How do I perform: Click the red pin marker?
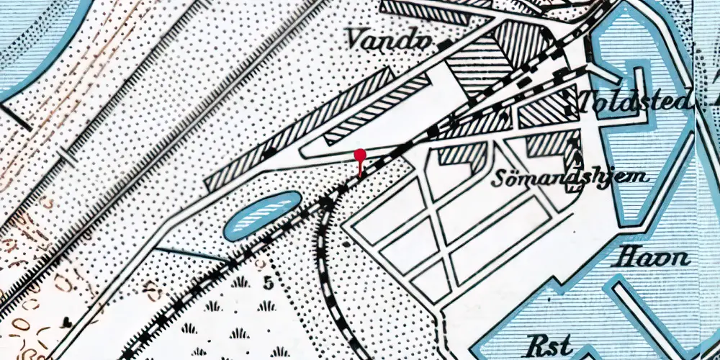pos(360,156)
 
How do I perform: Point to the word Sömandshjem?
pos(570,177)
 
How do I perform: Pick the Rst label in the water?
pos(545,343)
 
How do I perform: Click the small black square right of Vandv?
pos(449,45)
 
